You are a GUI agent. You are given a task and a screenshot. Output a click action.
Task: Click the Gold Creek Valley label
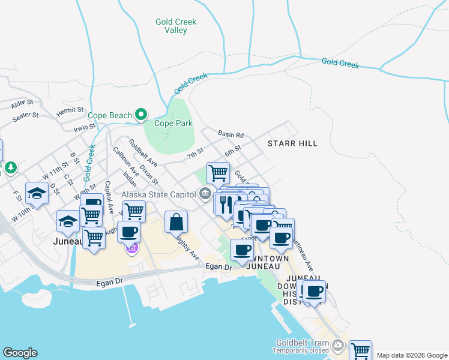coord(175,26)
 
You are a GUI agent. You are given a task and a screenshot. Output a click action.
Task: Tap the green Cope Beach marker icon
coord(141,113)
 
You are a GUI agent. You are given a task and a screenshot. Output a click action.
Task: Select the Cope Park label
coord(173,124)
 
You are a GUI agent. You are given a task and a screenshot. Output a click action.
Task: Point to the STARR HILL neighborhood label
coord(292,143)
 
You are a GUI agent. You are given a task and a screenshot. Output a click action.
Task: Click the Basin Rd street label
coord(231,135)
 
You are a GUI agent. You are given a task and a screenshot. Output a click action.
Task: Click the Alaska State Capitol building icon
coord(205,194)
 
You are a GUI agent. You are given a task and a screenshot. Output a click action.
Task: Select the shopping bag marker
coord(175,221)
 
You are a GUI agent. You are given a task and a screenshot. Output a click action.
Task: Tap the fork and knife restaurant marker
coord(226,204)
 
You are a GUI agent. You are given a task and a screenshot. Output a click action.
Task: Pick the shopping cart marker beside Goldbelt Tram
coord(360,350)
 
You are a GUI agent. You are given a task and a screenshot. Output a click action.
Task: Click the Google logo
coord(20,353)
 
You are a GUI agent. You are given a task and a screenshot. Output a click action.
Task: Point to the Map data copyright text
coord(412,355)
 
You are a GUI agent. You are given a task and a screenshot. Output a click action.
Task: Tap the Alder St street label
coord(21,103)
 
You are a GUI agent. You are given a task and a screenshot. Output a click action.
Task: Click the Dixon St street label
coord(148,174)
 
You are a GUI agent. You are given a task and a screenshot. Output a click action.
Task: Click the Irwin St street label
coord(85,127)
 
